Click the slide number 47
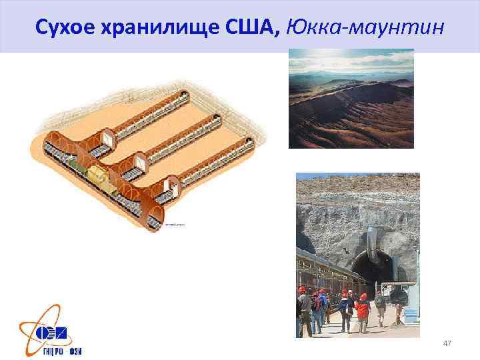click(447, 342)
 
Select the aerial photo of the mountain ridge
click(351, 98)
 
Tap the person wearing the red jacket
click(362, 308)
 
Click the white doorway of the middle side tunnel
click(142, 161)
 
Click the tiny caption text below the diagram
click(175, 224)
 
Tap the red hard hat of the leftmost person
click(301, 290)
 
